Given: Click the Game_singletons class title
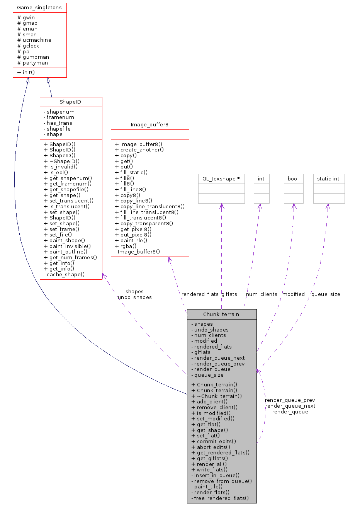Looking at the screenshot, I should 39,8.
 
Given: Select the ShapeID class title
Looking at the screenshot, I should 71,102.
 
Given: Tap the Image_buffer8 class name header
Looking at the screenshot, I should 149,125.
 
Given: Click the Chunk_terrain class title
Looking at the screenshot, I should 221,315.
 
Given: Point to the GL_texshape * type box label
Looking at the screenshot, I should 221,179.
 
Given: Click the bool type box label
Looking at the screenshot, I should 293,179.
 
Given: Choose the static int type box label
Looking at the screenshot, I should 328,179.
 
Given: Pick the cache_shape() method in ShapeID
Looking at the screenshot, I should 64,274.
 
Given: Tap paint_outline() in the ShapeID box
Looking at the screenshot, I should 66,252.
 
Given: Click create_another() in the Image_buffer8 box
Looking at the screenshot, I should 139,150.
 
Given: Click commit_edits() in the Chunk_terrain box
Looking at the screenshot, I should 214,441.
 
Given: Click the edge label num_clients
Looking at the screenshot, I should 262,294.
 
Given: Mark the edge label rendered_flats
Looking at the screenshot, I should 200,294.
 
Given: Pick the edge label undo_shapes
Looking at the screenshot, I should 134,297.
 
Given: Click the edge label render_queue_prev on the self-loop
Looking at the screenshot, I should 290,400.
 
